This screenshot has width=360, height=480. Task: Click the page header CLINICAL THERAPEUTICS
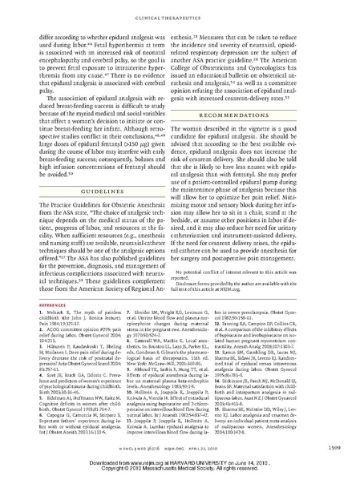180,13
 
